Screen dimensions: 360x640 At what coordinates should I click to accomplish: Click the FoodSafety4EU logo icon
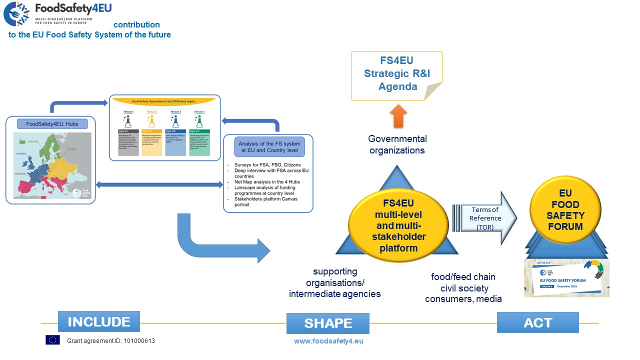(16, 14)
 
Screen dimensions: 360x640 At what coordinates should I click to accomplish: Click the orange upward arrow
(397, 116)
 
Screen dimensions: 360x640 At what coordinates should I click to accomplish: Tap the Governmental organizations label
(397, 144)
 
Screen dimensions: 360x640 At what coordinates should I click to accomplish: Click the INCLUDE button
(99, 321)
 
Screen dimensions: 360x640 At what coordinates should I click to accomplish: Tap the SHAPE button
(328, 323)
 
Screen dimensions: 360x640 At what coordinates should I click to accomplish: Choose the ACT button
(537, 322)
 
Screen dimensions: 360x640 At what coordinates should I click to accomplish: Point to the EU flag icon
(52, 340)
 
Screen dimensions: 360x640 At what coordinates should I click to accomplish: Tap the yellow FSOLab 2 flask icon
(151, 121)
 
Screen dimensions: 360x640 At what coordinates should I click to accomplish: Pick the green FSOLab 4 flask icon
(199, 121)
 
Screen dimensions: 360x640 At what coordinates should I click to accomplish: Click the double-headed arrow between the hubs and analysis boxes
(159, 185)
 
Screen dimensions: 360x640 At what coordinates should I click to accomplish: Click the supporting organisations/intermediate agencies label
(335, 282)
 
